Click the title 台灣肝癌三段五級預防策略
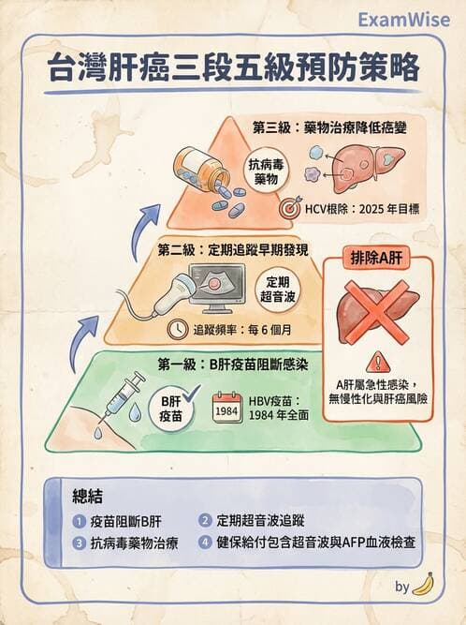click(x=233, y=71)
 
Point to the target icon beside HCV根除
click(x=290, y=201)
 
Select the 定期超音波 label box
click(x=277, y=289)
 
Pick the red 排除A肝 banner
click(x=378, y=259)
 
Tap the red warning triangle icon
click(x=378, y=362)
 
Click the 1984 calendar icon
click(x=226, y=411)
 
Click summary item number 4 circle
click(x=204, y=542)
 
